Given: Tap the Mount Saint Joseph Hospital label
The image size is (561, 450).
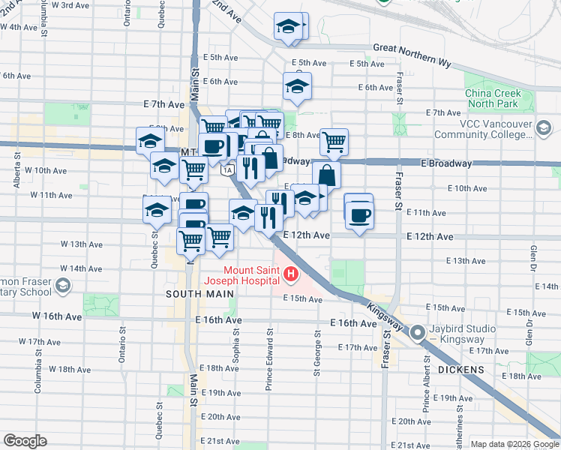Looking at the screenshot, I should (x=253, y=275).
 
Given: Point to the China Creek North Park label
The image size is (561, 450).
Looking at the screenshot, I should (x=491, y=98).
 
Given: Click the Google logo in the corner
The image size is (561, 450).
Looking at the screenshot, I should (x=25, y=441).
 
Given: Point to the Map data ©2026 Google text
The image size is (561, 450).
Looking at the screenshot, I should (x=514, y=444).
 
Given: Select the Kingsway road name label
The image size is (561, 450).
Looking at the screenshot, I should (x=385, y=313).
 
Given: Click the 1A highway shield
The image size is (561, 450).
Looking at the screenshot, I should (x=226, y=171).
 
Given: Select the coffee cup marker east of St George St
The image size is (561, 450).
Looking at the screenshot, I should (x=359, y=215).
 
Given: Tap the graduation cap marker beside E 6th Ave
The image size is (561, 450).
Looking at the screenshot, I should (x=297, y=88).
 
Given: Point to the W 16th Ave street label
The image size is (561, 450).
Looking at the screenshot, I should (x=57, y=316).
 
